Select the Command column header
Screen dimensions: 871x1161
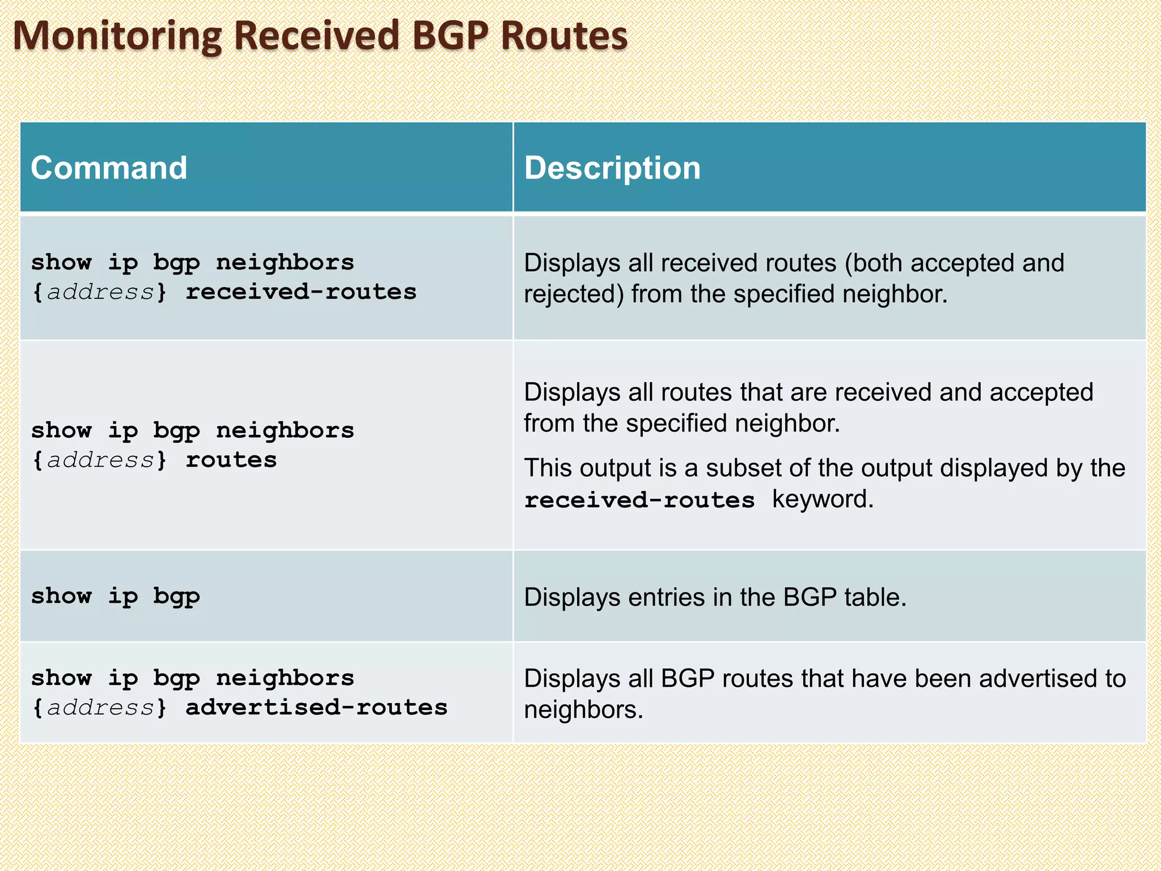click(109, 168)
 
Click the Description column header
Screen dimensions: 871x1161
click(612, 168)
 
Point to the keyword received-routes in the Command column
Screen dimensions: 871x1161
click(301, 292)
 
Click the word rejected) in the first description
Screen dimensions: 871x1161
click(574, 294)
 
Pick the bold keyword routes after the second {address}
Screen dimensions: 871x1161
click(231, 460)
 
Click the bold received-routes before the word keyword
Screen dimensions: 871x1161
click(639, 500)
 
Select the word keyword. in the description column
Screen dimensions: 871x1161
click(823, 500)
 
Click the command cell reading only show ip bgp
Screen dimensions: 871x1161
click(116, 597)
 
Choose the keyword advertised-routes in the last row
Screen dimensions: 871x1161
click(316, 708)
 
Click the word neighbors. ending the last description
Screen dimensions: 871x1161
click(584, 710)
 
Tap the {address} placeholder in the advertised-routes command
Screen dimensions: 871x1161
click(100, 708)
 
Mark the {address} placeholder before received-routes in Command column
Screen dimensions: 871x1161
click(100, 292)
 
